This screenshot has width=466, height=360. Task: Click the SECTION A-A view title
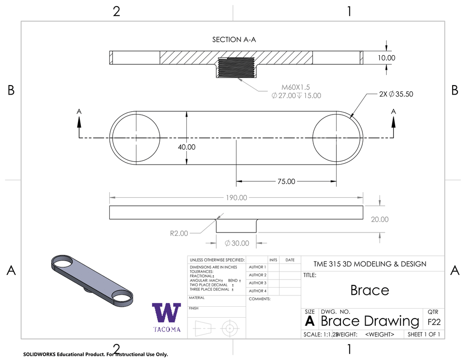pyautogui.click(x=234, y=40)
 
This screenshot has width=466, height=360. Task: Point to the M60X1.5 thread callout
pyautogui.click(x=295, y=87)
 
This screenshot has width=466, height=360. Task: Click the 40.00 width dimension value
pyautogui.click(x=186, y=147)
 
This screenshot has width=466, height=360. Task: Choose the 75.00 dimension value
pyautogui.click(x=286, y=181)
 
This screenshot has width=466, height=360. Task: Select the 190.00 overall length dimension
pyautogui.click(x=236, y=197)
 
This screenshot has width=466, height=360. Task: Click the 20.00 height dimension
pyautogui.click(x=379, y=219)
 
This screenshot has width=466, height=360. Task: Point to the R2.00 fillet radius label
pyautogui.click(x=179, y=233)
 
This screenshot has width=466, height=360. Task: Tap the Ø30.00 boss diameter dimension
pyautogui.click(x=236, y=243)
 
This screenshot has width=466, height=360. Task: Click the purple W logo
pyautogui.click(x=166, y=313)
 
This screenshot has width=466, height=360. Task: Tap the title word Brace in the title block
pyautogui.click(x=369, y=290)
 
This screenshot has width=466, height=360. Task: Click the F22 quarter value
pyautogui.click(x=434, y=322)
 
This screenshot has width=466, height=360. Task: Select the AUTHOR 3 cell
pyautogui.click(x=257, y=283)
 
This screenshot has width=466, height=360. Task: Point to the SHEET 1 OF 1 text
pyautogui.click(x=423, y=334)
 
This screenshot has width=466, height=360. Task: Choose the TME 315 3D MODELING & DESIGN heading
pyautogui.click(x=370, y=264)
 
